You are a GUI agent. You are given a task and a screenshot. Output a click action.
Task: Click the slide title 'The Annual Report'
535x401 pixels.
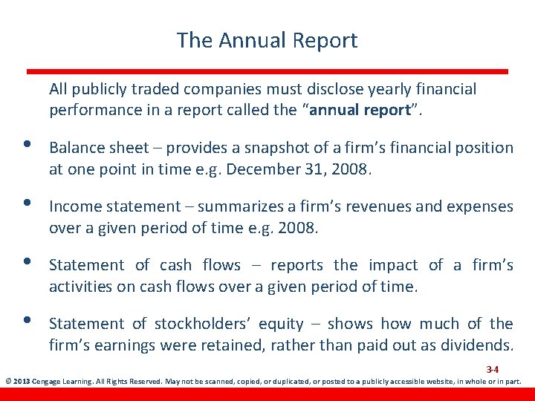coord(267,40)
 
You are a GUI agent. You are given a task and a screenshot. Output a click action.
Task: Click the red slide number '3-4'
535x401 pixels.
coord(492,369)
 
